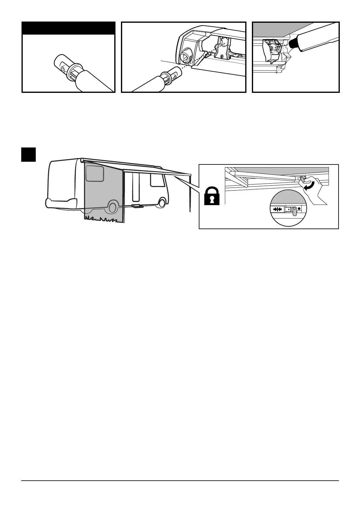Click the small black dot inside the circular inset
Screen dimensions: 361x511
299,208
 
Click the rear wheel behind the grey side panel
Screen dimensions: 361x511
112,207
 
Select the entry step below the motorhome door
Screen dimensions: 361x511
138,206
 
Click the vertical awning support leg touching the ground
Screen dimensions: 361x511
190,194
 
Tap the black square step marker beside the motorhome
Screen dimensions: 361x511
29,154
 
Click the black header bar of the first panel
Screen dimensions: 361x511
69,28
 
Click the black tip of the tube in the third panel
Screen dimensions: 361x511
293,44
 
